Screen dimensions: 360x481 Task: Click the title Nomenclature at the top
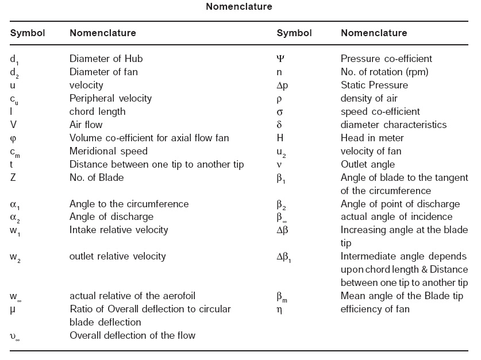(240, 7)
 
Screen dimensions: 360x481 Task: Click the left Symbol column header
(28, 33)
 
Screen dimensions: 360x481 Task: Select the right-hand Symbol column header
(294, 33)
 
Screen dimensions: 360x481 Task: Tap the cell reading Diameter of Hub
(106, 59)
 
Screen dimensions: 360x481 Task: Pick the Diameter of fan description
(103, 72)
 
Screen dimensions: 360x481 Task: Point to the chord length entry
(97, 111)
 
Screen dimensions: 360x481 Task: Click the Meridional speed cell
(108, 151)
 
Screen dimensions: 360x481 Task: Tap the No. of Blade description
(97, 177)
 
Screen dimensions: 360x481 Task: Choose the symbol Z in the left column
(13, 177)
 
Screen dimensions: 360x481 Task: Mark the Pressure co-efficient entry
(386, 59)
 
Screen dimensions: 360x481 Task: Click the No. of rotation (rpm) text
(384, 72)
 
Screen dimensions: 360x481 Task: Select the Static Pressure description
(374, 85)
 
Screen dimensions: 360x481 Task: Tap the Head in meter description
(372, 138)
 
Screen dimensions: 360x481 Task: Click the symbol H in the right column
(280, 138)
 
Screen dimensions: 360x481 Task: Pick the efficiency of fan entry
(375, 309)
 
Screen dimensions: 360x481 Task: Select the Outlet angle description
(368, 164)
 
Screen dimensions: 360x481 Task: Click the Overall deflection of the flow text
(132, 335)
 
